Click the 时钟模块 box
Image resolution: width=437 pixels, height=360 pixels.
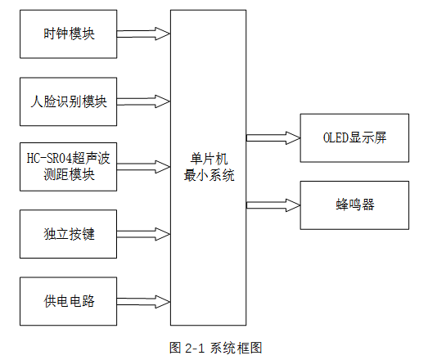point(69,34)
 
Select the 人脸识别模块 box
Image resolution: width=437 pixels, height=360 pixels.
point(69,101)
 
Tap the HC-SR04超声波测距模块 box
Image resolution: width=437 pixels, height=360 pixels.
point(69,167)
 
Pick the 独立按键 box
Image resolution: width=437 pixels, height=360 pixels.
point(69,234)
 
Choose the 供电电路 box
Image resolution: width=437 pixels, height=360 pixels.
point(69,300)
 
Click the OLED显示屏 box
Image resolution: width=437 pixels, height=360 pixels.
point(354,137)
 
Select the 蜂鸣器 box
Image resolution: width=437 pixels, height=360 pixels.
point(354,205)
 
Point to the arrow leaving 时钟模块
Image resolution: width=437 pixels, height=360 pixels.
point(144,34)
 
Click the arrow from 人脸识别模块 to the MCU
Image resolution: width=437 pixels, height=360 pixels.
point(144,101)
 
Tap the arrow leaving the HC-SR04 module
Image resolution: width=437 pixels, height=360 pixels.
point(144,167)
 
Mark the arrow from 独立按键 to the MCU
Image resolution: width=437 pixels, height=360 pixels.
point(144,234)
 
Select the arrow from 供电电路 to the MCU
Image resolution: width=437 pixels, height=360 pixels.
point(144,300)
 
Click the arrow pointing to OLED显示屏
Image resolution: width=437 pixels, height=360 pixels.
point(273,137)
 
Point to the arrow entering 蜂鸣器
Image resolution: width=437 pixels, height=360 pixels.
point(273,204)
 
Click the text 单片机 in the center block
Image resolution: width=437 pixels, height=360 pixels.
point(208,159)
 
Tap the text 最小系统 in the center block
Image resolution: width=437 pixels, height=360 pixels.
point(208,174)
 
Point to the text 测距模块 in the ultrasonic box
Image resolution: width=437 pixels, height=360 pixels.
point(69,175)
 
